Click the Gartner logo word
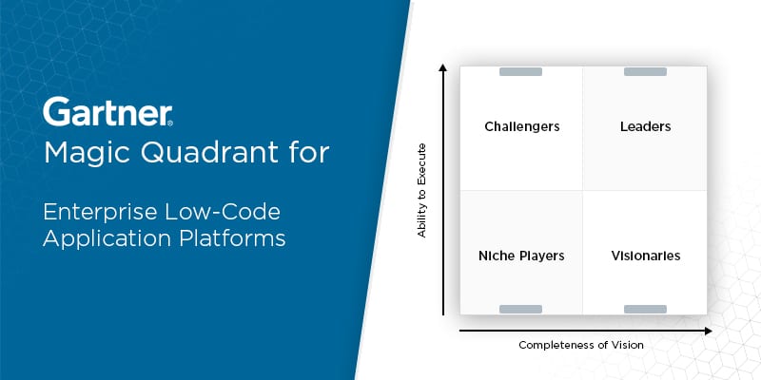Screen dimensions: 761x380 click(107, 111)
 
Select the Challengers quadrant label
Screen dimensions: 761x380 click(521, 127)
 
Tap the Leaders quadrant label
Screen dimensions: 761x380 click(646, 126)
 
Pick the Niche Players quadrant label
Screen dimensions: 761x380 click(521, 256)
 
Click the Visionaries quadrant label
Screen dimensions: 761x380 click(646, 256)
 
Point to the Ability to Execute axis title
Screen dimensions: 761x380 click(421, 191)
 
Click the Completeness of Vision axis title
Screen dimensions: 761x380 click(581, 345)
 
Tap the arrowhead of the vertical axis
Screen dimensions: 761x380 click(442, 66)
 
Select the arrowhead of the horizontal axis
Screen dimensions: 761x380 click(709, 331)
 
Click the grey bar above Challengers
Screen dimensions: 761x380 click(520, 72)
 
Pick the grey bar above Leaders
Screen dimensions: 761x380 click(645, 72)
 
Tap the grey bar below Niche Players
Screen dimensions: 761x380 click(520, 310)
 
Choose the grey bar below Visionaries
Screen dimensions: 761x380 click(645, 310)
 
